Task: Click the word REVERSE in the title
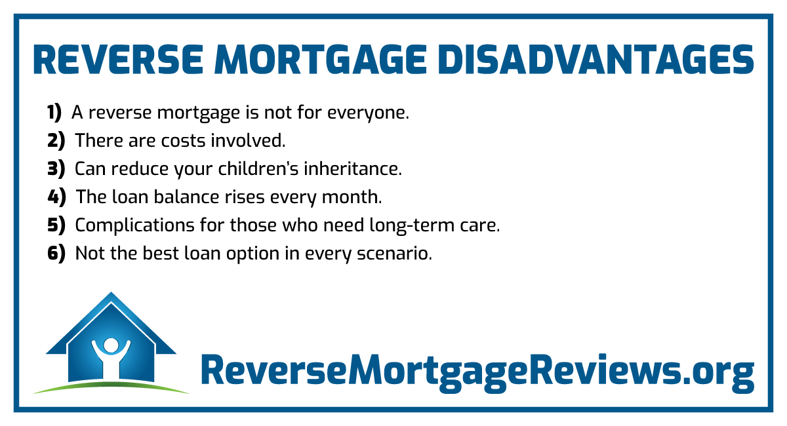(118, 60)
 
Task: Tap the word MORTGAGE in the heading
(321, 60)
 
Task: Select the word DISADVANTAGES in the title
(596, 60)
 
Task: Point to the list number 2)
(56, 141)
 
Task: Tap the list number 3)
(56, 169)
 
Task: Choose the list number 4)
(56, 197)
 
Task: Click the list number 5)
(56, 225)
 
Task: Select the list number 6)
(56, 254)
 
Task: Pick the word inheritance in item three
(353, 168)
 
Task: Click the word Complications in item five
(135, 225)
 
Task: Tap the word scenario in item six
(395, 254)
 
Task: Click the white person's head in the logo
(111, 345)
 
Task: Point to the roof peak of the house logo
(111, 292)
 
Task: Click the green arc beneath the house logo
(111, 384)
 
